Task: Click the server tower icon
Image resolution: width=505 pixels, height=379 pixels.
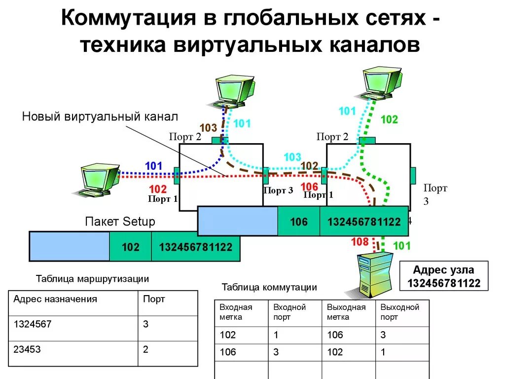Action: (x=374, y=275)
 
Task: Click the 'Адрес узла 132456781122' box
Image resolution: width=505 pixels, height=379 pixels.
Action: (x=443, y=276)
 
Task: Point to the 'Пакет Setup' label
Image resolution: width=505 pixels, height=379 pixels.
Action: (x=120, y=222)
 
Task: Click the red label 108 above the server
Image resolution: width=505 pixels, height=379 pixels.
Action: (x=360, y=242)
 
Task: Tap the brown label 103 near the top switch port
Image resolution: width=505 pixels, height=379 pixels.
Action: (x=208, y=128)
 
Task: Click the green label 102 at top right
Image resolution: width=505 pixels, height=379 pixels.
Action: (x=389, y=119)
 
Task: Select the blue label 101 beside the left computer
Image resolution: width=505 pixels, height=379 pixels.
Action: (x=153, y=166)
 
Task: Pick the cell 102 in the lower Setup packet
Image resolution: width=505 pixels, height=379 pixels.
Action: (x=130, y=247)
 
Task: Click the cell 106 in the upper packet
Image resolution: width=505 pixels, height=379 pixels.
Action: (x=299, y=222)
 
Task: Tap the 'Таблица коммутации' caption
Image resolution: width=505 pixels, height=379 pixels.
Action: (x=269, y=287)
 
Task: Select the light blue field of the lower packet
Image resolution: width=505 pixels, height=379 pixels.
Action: (x=69, y=246)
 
